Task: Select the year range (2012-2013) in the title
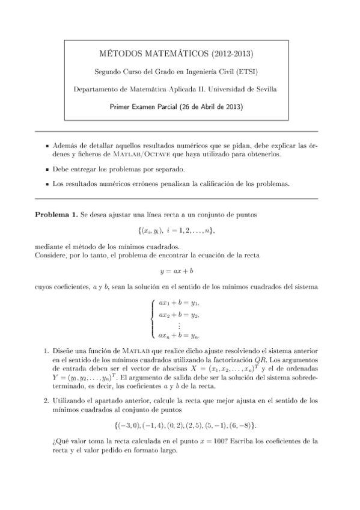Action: click(236, 55)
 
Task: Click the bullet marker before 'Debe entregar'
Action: click(47, 170)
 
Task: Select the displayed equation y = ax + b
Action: click(180, 271)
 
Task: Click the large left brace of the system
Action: click(152, 319)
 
